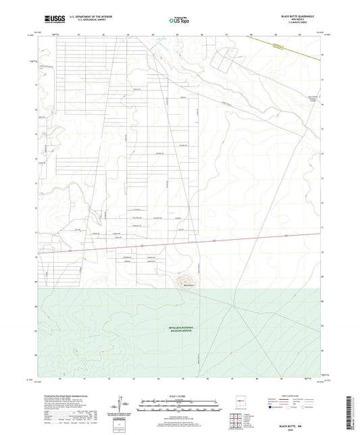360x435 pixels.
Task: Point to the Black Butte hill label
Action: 189,286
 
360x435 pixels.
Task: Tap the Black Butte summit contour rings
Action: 184,277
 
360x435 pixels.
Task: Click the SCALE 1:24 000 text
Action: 180,395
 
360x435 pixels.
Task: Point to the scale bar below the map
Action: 180,403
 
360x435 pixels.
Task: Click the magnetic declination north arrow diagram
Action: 124,403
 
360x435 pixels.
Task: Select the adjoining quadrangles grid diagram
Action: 236,419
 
